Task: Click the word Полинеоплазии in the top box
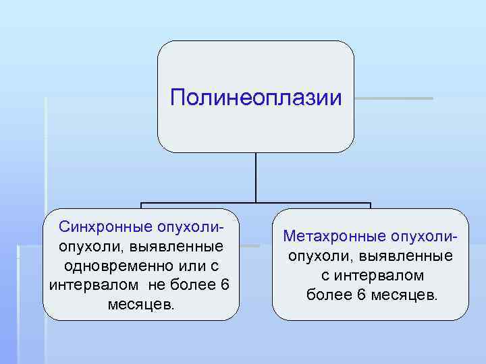[x=256, y=98]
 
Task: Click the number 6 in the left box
[x=225, y=284]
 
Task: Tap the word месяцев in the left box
[x=139, y=304]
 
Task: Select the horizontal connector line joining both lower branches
[x=256, y=203]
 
